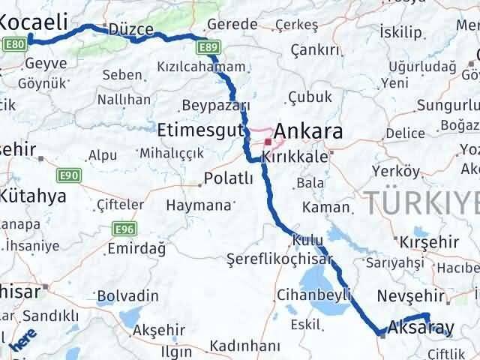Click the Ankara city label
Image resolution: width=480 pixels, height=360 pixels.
pos(310,133)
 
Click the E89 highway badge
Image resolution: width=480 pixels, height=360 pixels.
pos(209,49)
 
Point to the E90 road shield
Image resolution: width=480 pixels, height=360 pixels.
pos(68,175)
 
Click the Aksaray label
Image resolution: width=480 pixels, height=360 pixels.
pos(421,328)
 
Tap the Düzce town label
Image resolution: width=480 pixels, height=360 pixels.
pos(130,30)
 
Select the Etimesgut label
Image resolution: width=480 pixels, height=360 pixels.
pos(201,130)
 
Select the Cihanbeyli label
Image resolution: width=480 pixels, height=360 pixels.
pos(313,295)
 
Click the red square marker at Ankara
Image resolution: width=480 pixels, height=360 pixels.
pos(267,140)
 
